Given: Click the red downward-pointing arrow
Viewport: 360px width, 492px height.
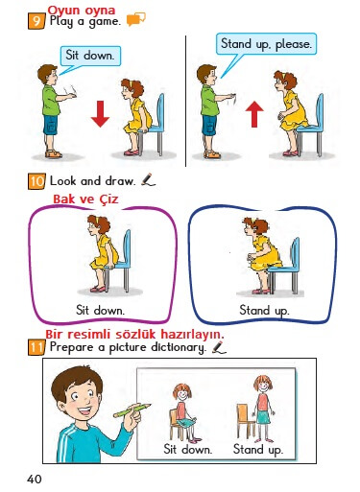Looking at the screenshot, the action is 100,114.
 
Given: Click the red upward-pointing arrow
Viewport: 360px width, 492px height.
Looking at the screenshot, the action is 254,114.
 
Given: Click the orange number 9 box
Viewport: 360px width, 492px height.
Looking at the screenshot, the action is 36,21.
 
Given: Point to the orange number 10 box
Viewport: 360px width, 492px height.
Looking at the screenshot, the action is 36,181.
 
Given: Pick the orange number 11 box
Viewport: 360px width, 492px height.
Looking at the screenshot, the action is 36,347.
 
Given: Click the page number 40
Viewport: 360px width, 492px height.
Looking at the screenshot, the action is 35,479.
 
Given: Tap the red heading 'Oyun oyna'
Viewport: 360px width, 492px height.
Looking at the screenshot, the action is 82,11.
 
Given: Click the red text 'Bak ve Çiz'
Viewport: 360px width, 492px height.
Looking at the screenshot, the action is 85,199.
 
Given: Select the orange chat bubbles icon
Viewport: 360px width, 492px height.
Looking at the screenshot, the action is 135,19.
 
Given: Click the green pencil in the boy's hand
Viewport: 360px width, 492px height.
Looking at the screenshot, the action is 132,410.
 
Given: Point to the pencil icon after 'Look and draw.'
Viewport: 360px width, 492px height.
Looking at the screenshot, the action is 148,179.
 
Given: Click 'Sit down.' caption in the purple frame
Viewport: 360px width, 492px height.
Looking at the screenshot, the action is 100,310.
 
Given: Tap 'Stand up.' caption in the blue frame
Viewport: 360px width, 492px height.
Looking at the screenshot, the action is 264,311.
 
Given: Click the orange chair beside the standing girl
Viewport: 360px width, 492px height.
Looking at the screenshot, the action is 245,420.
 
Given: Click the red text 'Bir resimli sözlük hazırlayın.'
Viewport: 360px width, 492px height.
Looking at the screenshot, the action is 134,334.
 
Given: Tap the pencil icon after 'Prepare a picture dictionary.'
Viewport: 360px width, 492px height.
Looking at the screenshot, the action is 219,347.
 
